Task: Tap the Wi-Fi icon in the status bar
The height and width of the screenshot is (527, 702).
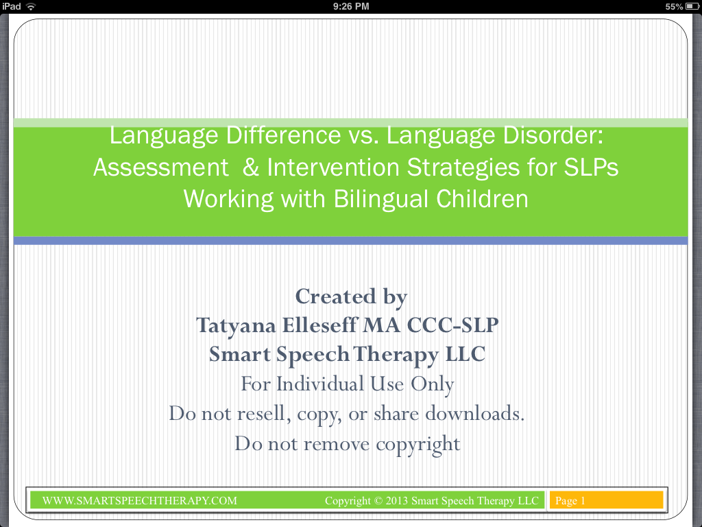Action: pyautogui.click(x=31, y=6)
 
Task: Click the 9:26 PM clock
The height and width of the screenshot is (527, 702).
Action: pyautogui.click(x=350, y=6)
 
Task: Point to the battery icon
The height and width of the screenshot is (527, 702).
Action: pyautogui.click(x=691, y=6)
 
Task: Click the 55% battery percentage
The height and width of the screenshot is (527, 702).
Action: pyautogui.click(x=674, y=6)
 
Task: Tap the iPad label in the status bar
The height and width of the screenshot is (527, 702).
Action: pyautogui.click(x=12, y=6)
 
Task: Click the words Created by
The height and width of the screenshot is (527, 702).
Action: pyautogui.click(x=351, y=296)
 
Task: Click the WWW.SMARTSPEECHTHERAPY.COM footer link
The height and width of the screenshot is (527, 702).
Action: pyautogui.click(x=140, y=501)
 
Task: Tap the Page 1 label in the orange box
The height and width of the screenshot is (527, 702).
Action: pyautogui.click(x=570, y=501)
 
